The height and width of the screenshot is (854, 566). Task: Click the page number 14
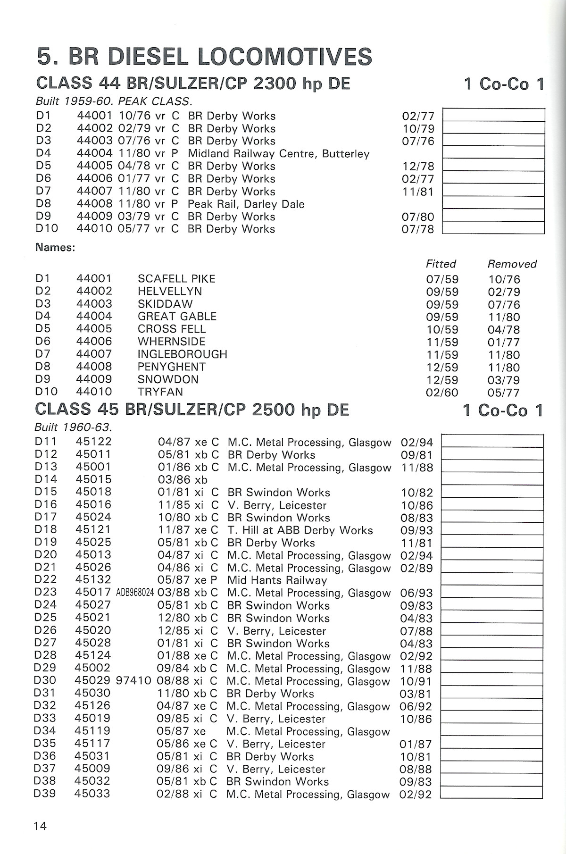40,826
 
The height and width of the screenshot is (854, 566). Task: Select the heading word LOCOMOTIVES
285,57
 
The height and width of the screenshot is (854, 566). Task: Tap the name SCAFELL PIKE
176,279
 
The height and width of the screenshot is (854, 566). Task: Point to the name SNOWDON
168,379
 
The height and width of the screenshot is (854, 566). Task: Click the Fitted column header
441,264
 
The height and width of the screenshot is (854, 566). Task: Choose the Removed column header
512,264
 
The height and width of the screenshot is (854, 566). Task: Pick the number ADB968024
135,593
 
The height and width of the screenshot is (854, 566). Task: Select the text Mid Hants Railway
277,580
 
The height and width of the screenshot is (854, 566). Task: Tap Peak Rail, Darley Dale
246,204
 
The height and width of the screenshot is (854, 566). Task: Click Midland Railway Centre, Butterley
278,154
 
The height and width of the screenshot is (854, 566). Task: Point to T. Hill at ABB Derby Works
300,530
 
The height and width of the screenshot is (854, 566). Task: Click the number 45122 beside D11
93,442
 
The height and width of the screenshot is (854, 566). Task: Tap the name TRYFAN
160,392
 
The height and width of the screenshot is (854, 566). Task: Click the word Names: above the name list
55,248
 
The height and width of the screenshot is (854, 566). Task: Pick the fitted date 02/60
442,393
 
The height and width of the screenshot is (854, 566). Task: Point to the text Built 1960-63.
73,427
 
